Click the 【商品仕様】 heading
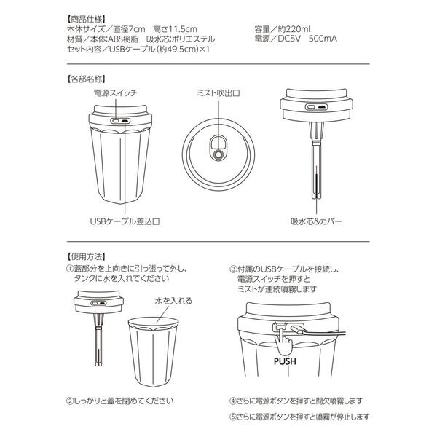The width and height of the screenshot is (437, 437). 86,19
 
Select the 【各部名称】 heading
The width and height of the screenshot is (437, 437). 86,79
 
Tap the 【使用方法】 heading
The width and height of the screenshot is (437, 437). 86,256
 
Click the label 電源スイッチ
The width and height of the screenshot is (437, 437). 115,92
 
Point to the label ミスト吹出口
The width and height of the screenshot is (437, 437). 219,92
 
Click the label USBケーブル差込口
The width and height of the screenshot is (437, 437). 125,221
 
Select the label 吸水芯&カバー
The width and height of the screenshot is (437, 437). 316,221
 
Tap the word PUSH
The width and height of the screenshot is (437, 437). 285,361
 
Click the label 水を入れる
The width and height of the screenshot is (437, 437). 173,301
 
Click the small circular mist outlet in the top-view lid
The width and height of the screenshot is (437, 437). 219,154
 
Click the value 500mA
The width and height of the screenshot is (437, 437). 323,39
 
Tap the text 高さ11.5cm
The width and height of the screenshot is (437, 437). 175,29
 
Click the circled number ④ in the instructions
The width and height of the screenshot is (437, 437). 233,401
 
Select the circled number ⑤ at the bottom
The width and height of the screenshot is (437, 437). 233,417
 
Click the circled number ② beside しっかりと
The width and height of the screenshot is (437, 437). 70,401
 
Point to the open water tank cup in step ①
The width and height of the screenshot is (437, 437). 153,352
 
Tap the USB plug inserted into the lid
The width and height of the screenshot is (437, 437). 298,329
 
